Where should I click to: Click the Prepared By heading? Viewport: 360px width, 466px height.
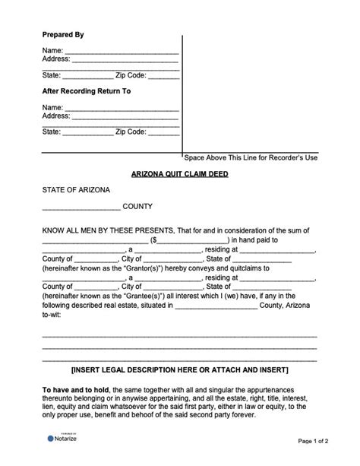click(63, 35)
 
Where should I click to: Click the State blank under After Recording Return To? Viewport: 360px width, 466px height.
click(87, 133)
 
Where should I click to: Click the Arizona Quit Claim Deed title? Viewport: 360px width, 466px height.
click(179, 174)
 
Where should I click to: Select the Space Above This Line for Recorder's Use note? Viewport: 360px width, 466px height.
click(250, 157)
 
